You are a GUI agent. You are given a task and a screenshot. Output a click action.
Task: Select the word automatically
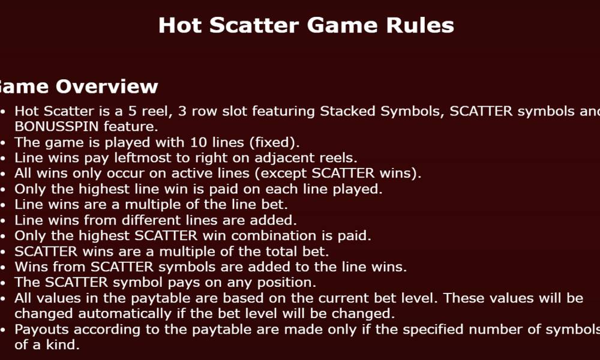point(124,314)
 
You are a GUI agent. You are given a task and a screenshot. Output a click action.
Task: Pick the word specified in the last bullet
point(434,329)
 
